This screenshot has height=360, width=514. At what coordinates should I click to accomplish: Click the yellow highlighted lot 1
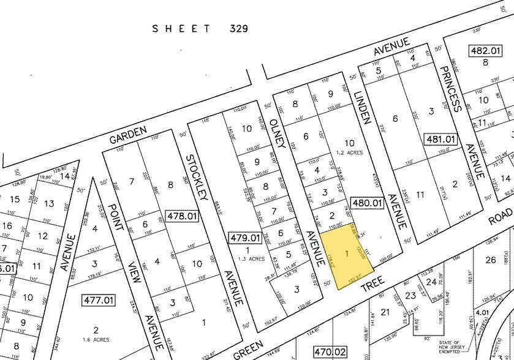click(x=347, y=253)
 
